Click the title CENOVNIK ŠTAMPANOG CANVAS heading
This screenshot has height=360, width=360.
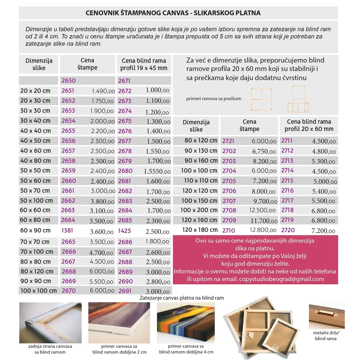point(173,13)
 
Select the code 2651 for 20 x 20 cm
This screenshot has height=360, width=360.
point(68,91)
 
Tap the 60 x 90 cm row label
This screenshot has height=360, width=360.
point(36,230)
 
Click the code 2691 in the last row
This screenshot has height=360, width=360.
point(125,291)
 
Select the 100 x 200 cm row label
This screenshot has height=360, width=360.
point(199,210)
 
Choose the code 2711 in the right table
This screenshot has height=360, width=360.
point(287,141)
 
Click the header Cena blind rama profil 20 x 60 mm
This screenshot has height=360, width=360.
point(309,125)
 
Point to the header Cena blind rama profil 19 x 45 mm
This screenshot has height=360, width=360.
point(144,64)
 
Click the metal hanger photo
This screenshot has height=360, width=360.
point(327,312)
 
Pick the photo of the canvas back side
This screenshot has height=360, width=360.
point(50,323)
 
